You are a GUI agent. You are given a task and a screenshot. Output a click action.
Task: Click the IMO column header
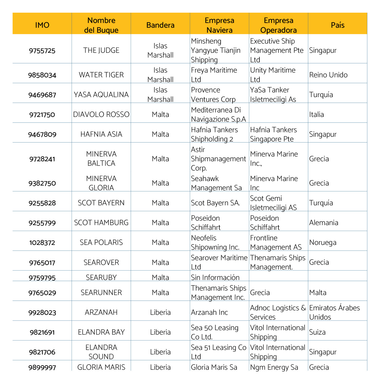coord(42,25)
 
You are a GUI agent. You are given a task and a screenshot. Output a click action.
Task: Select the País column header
coord(338,25)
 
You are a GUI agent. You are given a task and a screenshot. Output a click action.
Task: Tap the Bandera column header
coord(160,25)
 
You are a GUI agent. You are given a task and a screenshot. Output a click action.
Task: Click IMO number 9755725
coord(42,50)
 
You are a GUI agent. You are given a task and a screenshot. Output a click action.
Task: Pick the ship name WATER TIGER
coord(101,75)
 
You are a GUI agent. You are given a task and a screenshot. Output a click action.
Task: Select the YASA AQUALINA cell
coord(101,95)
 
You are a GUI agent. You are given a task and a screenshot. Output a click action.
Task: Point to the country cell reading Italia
coord(316,115)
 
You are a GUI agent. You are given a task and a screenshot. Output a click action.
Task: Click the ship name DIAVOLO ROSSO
coord(101,115)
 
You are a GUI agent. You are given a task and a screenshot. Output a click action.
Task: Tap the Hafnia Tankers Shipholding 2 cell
coord(214,134)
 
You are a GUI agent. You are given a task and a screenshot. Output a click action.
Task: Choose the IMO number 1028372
coord(42,243)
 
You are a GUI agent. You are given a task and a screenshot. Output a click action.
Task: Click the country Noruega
coord(323,243)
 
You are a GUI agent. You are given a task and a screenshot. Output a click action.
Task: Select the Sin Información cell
coord(215,278)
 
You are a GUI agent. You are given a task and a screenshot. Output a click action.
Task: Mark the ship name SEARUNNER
coord(101,293)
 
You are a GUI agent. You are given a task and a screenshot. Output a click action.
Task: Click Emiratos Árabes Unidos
coord(334,312)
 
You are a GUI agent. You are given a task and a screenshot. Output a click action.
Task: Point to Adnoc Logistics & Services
coord(278,312)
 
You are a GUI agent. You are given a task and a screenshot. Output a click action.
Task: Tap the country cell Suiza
coord(317,332)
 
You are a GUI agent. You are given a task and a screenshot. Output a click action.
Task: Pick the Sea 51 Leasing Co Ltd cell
coord(218,352)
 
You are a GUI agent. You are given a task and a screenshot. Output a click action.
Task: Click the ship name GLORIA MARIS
coord(101,367)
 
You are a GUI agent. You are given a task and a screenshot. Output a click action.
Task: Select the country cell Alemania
coord(324,223)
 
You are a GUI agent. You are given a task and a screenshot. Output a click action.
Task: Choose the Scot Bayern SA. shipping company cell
coord(215,203)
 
